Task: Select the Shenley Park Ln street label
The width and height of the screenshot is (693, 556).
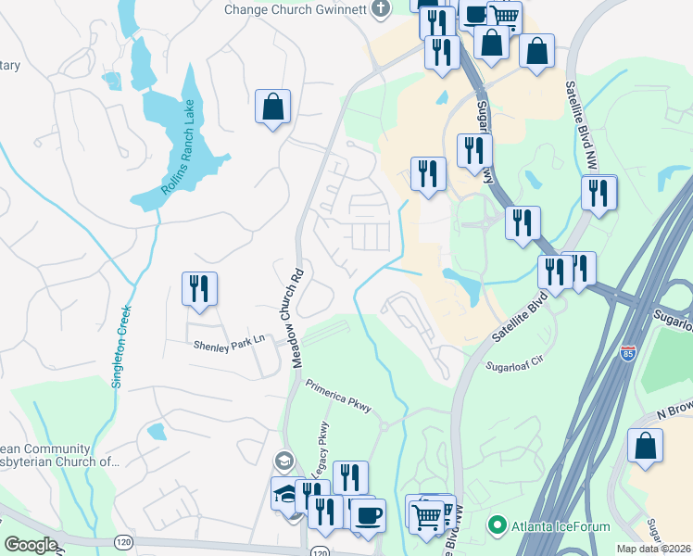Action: coord(229,344)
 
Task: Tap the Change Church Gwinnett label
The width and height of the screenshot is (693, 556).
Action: coord(295,9)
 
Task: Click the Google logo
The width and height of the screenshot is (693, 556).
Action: coord(30,545)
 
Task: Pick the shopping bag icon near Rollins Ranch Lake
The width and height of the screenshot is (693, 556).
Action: coord(273,107)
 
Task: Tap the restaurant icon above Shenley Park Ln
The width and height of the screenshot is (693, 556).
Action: coord(199,289)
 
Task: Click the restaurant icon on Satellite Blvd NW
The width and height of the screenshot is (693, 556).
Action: coord(599,194)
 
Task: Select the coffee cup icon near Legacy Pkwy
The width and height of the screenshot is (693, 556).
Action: coord(368,516)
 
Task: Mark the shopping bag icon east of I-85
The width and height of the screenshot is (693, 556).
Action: coord(645,447)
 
